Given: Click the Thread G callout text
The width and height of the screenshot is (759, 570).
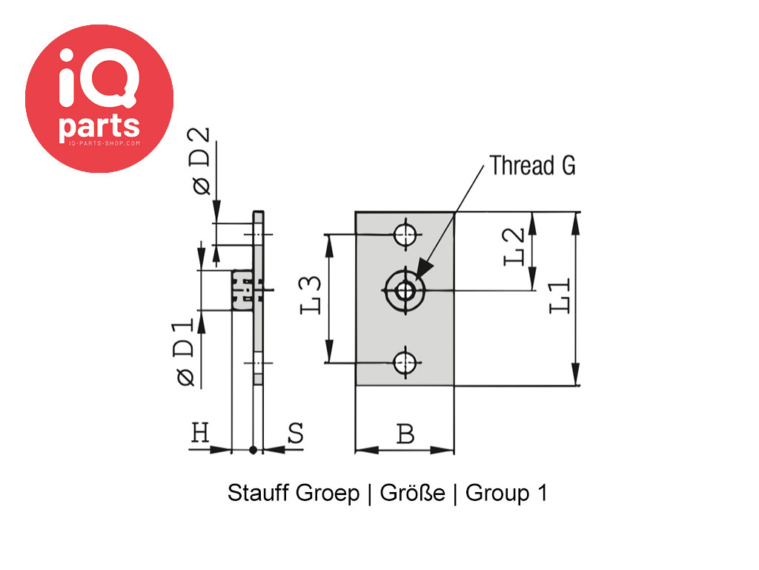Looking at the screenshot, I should (532, 166).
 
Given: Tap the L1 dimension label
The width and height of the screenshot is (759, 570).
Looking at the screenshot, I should (560, 296).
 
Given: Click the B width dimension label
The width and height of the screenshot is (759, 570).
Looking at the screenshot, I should (405, 434).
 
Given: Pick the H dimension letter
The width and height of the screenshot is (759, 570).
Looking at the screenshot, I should (200, 433).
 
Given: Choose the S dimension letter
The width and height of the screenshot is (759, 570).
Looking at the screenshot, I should (295, 433).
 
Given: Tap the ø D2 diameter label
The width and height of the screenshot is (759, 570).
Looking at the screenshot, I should (200, 163).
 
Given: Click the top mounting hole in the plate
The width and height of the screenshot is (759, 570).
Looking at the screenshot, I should (405, 235).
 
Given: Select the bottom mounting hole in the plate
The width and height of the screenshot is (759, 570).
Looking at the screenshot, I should (405, 363).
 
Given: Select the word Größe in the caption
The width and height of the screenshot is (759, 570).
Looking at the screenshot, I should (412, 494).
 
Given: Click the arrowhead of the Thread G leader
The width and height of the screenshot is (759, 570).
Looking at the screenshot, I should (422, 270).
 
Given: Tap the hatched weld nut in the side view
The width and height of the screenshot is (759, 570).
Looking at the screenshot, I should (242, 290).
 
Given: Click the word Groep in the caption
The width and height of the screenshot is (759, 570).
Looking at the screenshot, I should (327, 494).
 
